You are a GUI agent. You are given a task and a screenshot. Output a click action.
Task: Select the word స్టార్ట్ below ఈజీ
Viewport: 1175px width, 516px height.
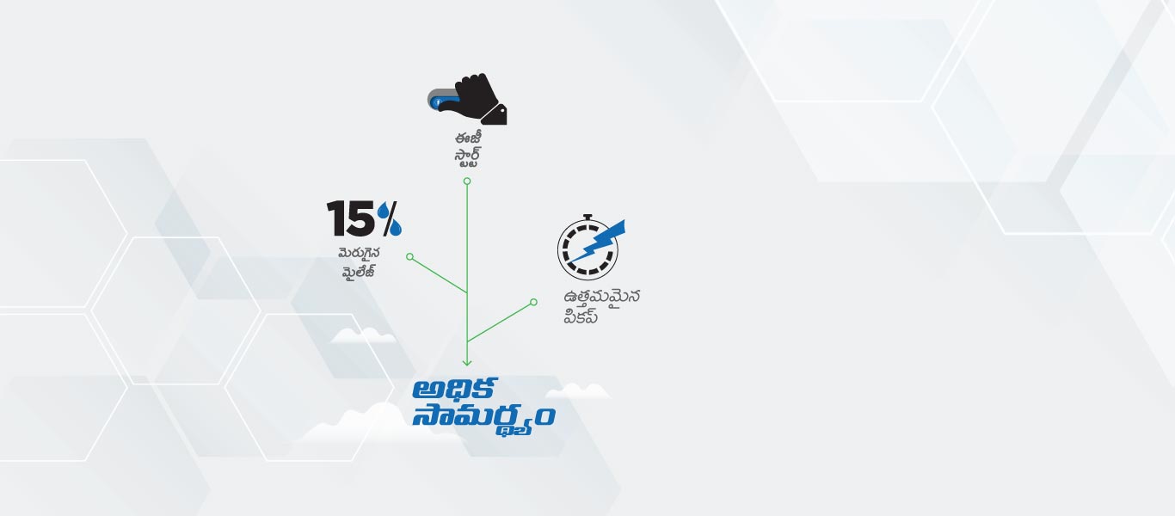click(467, 158)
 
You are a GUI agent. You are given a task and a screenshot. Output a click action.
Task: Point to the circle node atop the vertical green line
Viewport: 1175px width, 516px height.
click(467, 181)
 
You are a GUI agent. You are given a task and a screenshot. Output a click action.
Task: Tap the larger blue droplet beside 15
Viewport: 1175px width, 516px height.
click(394, 227)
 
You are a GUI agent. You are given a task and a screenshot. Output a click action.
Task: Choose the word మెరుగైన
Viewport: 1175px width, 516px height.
click(360, 254)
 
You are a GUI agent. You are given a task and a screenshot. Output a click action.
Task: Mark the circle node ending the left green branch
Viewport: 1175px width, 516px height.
click(409, 256)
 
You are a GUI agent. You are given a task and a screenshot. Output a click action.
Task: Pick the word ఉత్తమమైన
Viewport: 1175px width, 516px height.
click(602, 298)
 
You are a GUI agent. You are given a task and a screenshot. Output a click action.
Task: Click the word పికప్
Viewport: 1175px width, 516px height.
click(581, 316)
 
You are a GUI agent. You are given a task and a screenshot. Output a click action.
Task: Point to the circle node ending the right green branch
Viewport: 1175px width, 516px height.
click(533, 302)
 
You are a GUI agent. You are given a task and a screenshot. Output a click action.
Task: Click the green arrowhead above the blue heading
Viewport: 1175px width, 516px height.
click(467, 362)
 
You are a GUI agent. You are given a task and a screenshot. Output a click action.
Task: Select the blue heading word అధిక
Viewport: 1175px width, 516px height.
click(454, 389)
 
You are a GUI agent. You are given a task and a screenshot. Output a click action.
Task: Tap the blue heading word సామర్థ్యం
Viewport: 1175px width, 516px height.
click(483, 418)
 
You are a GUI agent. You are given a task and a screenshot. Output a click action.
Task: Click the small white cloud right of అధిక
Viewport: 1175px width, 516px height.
click(577, 392)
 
